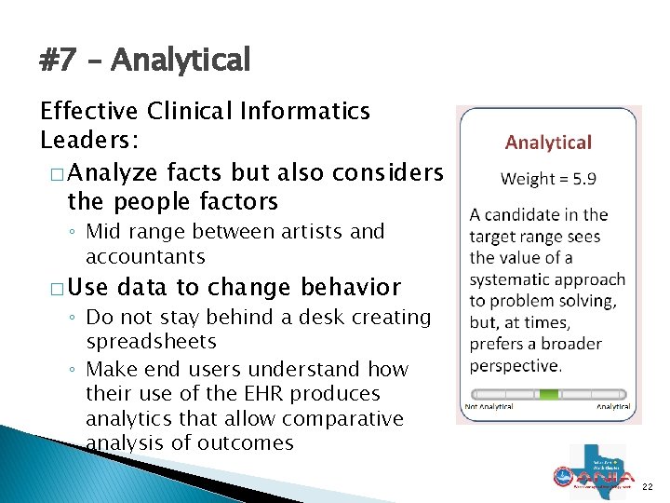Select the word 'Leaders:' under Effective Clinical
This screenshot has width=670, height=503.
88,140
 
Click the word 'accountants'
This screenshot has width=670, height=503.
145,256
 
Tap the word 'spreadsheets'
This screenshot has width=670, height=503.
151,342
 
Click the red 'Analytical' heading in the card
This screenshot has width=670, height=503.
548,143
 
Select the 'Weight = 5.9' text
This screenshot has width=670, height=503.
548,178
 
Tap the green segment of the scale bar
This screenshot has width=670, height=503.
549,394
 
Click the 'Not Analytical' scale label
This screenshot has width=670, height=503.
489,407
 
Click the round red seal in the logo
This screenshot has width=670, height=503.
561,476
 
